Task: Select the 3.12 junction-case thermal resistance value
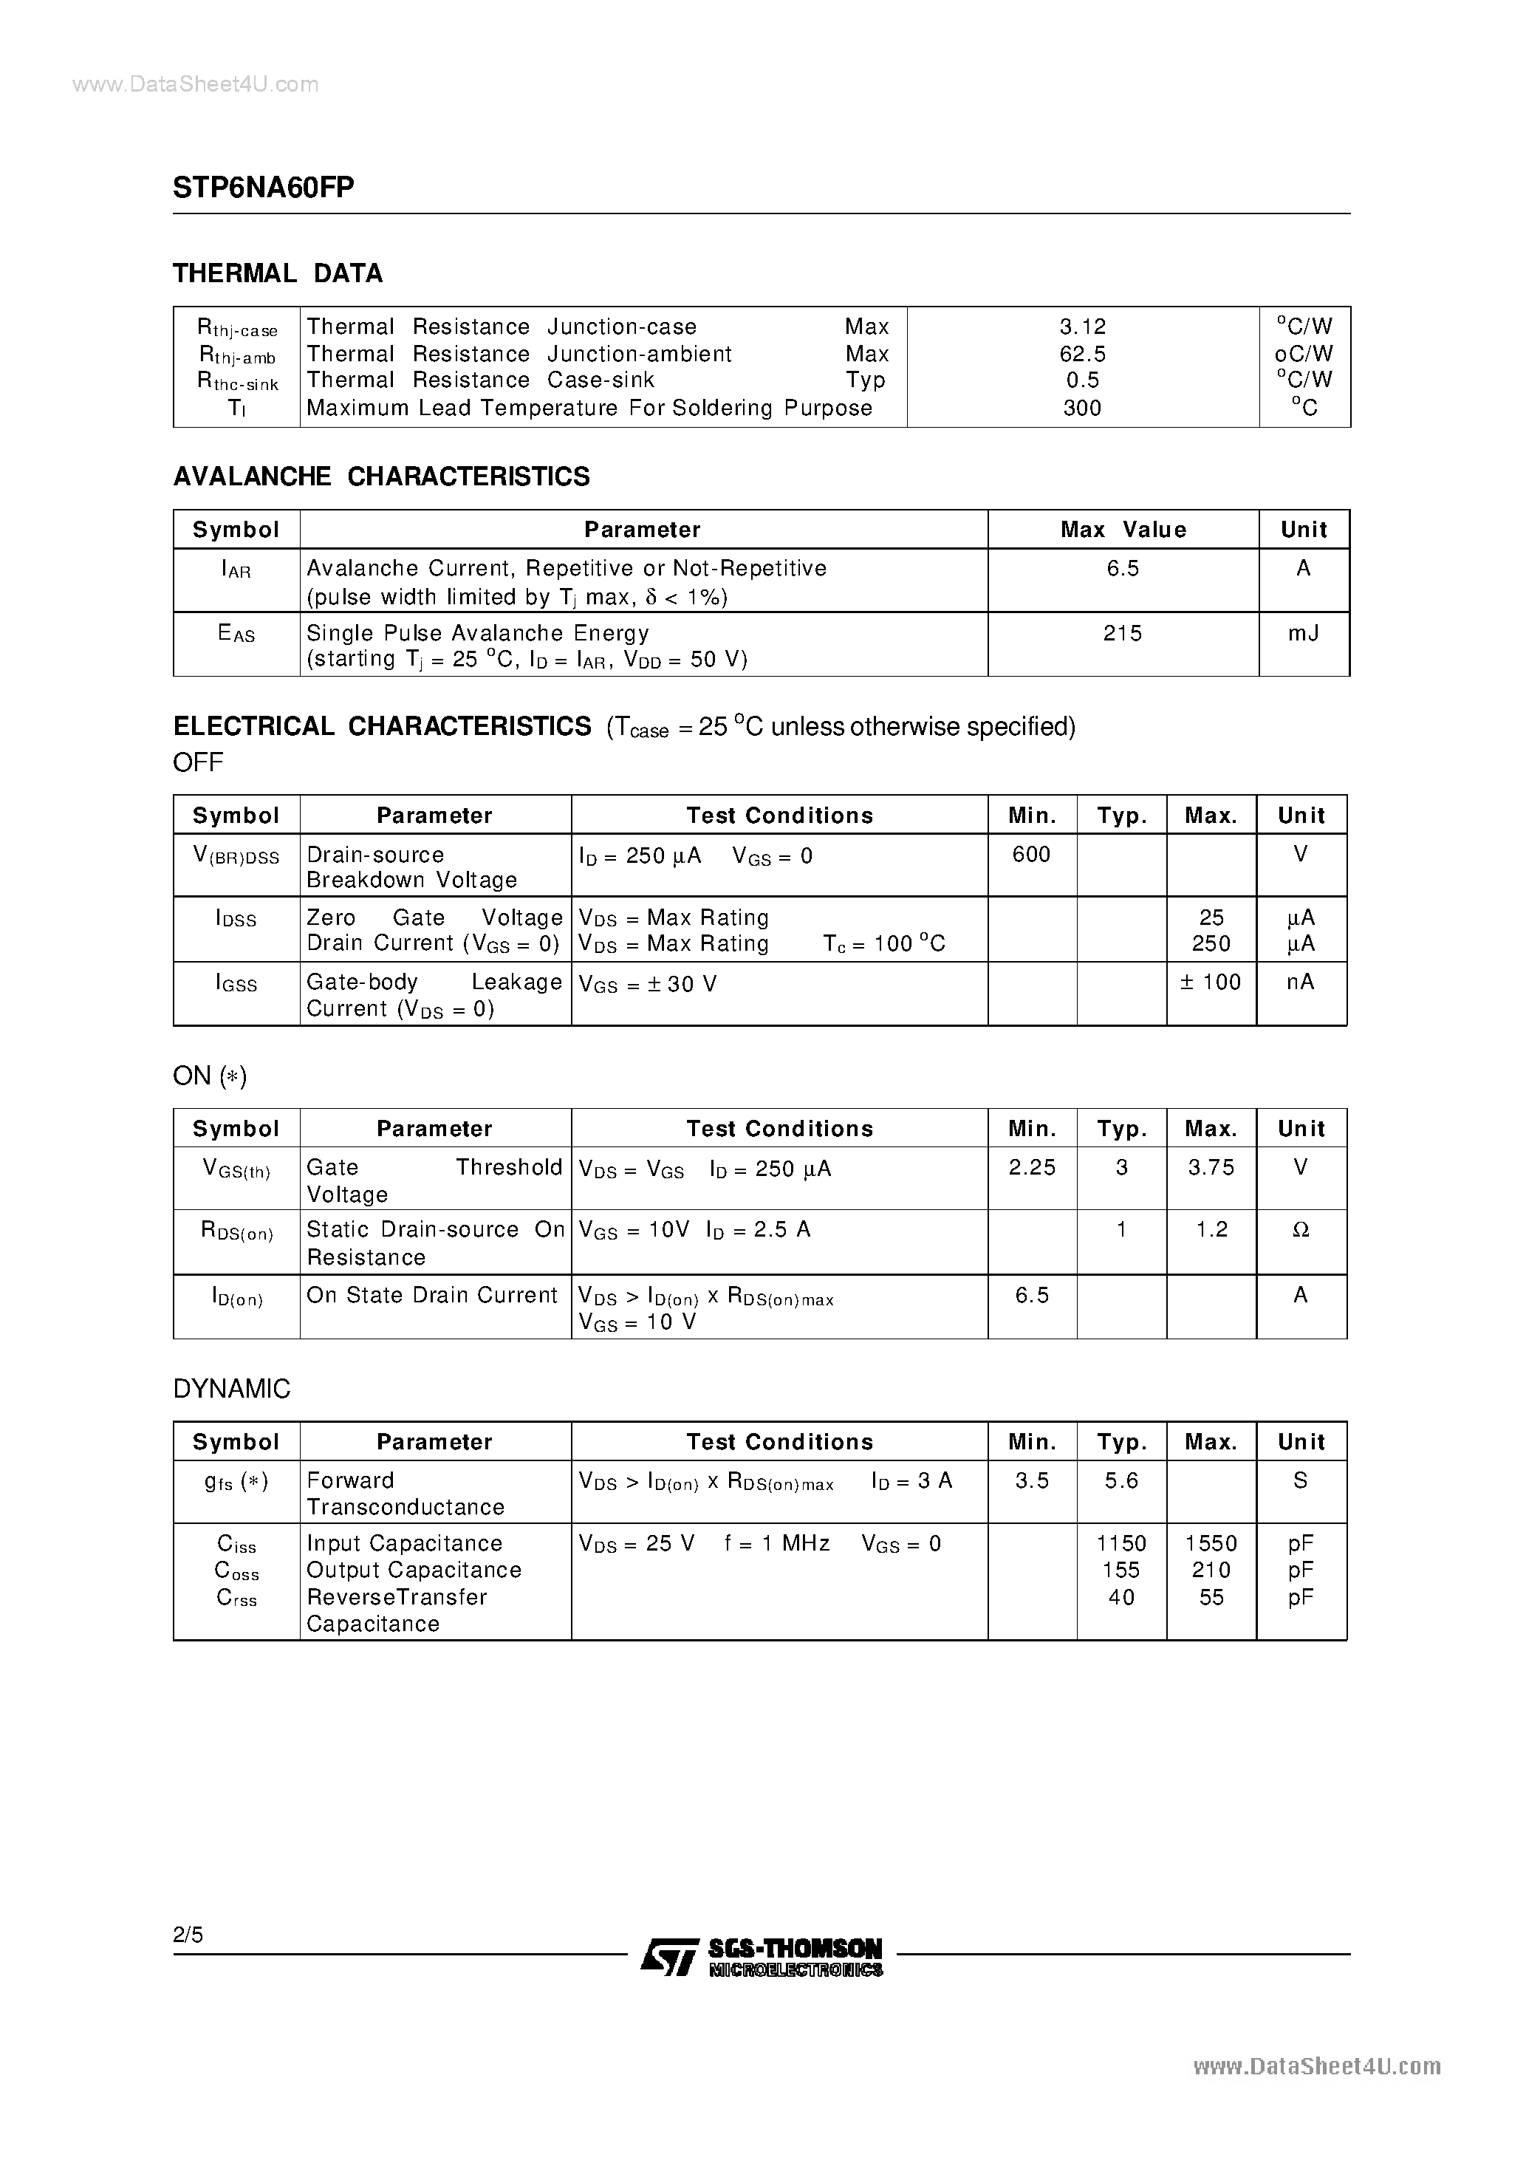pos(1082,327)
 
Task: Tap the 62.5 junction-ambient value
pos(1082,354)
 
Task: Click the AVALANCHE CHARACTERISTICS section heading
pos(381,477)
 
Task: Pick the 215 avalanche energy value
pos(1123,633)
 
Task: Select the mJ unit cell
pos(1303,633)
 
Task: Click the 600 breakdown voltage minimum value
pos(1031,854)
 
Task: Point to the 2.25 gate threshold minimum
pos(1032,1167)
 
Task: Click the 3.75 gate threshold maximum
pos(1211,1167)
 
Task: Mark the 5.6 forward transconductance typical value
pos(1121,1481)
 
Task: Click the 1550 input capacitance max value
pos(1211,1544)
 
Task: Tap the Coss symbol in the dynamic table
pos(236,1571)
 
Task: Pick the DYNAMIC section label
pos(231,1390)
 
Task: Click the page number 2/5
pos(188,1934)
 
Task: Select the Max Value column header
pos(1123,530)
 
